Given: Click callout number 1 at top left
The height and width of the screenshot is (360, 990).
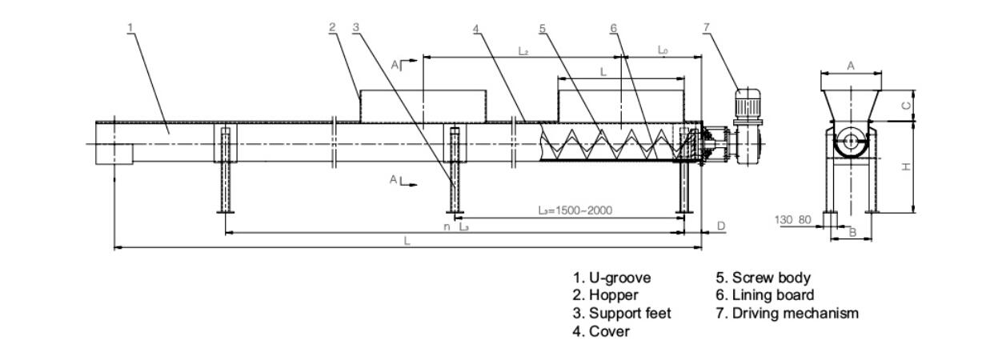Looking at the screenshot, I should tap(130, 28).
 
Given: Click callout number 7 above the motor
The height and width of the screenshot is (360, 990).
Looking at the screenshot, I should tap(706, 28).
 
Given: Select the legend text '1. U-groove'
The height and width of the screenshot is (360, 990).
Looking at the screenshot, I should tap(611, 278).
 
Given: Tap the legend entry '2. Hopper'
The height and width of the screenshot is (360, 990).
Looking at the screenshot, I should tap(605, 296).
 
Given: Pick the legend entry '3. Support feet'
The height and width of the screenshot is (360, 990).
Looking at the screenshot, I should tap(621, 314).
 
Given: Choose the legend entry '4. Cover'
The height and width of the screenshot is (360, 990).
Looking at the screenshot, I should tap(600, 331).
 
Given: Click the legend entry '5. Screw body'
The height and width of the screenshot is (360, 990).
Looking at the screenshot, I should tap(763, 278).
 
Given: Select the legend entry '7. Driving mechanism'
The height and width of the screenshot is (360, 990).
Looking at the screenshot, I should tap(787, 314).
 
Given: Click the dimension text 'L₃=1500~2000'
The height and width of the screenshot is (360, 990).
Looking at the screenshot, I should tap(575, 210).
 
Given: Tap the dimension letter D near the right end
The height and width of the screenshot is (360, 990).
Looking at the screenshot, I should tap(720, 226).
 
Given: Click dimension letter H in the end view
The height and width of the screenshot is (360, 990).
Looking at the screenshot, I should tap(906, 167).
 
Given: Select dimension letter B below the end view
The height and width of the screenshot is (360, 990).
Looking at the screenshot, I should tap(852, 233).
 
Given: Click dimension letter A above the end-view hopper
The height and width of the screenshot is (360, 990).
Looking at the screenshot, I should tap(851, 66).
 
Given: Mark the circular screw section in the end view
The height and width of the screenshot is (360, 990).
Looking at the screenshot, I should tap(849, 146).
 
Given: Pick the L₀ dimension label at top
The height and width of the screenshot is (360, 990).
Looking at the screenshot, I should tap(663, 50).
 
